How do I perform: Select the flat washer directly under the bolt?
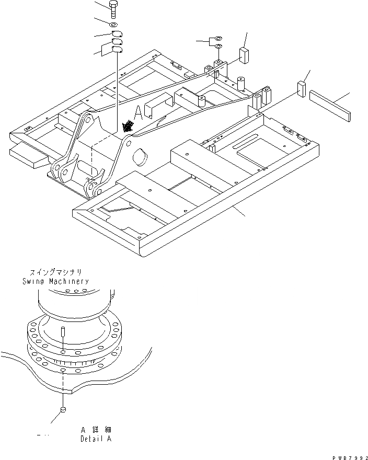[x=114, y=25]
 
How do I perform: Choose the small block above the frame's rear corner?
[x=244, y=54]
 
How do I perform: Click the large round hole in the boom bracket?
[x=140, y=156]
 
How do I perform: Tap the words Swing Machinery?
[x=55, y=281]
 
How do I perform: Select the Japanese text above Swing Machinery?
[x=55, y=272]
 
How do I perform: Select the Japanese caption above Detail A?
[x=96, y=430]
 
